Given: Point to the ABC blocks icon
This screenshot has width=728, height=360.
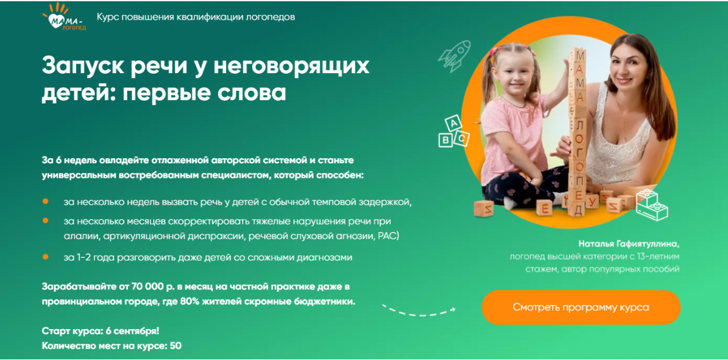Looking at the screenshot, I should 454,132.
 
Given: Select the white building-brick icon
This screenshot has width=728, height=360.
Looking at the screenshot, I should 650,204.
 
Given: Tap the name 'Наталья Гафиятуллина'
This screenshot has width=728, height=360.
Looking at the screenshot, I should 629,243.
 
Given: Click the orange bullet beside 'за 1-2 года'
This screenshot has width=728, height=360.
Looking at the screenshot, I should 45,257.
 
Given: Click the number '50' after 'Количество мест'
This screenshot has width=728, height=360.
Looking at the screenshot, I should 176,345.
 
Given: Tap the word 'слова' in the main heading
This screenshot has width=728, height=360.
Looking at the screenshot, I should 256,93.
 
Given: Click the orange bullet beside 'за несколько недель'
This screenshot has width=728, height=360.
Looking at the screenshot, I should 45,201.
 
